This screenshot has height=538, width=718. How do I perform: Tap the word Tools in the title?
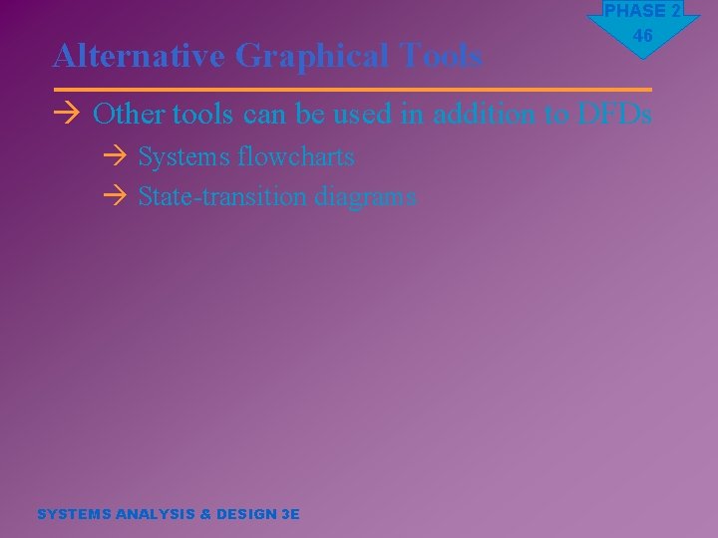442,57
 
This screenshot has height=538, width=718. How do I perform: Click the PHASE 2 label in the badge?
642,11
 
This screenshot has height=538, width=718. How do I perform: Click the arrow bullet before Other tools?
67,115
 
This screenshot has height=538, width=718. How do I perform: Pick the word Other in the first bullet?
129,115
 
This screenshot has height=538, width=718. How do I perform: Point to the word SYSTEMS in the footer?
74,514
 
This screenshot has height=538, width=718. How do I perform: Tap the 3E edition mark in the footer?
290,514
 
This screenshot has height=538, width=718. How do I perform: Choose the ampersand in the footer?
206,514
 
